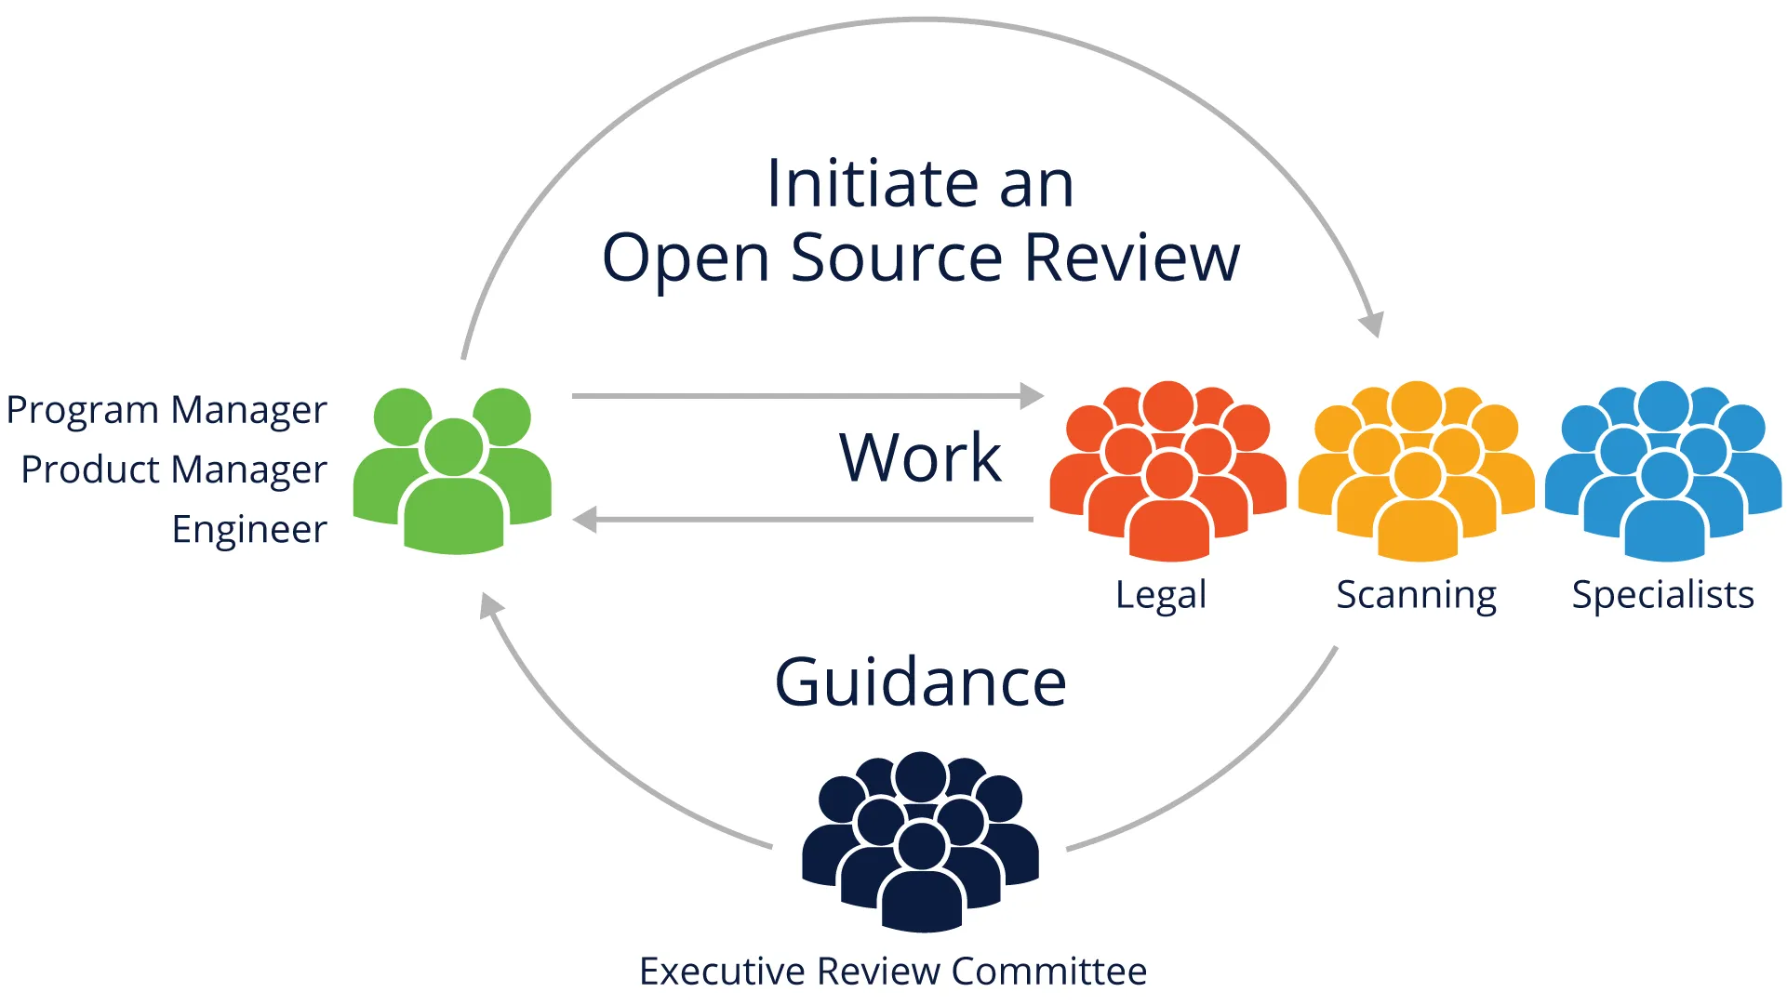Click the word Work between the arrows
[920, 457]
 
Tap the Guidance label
[920, 681]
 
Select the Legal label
[1160, 595]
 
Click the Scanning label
[1416, 595]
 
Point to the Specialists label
[1662, 595]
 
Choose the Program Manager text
[167, 410]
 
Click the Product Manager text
[174, 469]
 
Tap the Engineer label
[249, 529]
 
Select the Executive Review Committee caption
[893, 971]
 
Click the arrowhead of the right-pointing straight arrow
[1033, 396]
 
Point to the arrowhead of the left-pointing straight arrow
[584, 520]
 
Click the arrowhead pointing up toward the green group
[489, 606]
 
